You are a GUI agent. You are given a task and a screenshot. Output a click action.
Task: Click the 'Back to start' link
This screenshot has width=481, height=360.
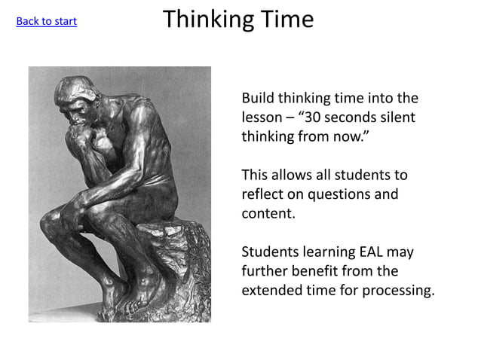click(46, 21)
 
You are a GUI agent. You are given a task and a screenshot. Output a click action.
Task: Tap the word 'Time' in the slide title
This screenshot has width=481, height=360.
click(286, 20)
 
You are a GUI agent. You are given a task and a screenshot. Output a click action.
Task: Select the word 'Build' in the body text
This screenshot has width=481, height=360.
click(258, 99)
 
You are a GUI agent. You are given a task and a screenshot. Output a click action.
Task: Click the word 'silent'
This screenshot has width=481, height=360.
click(397, 118)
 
